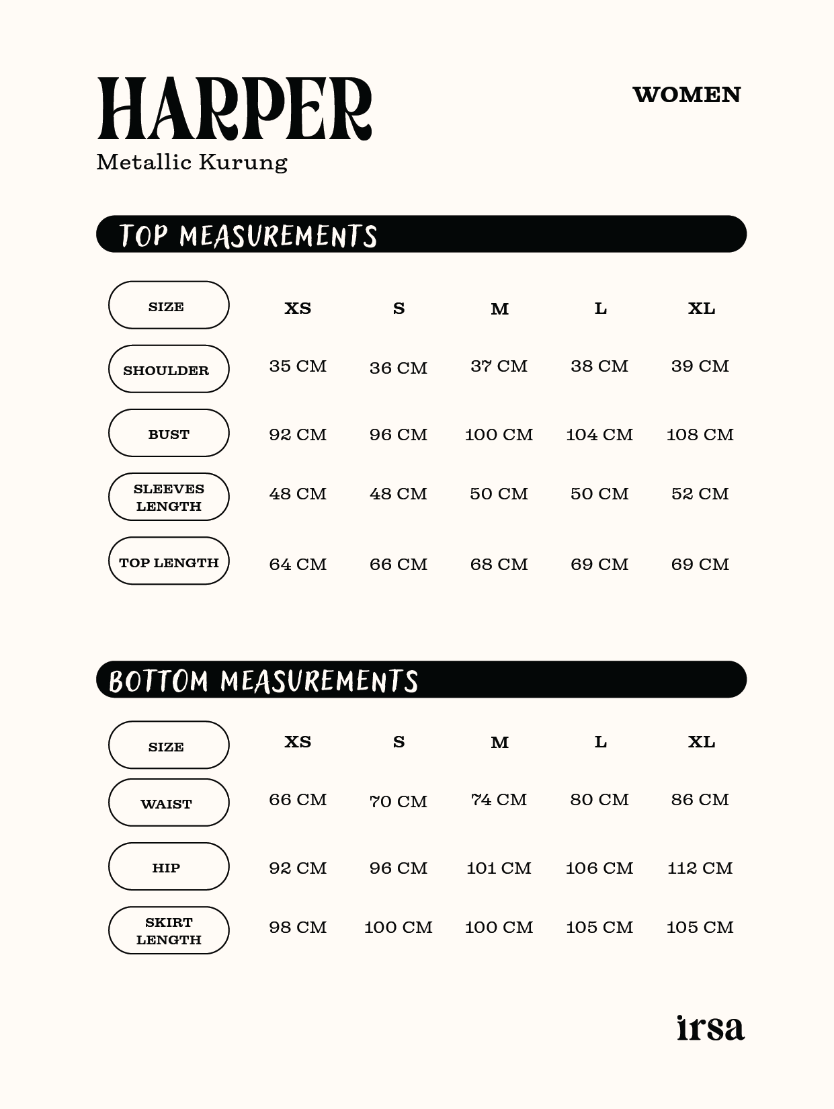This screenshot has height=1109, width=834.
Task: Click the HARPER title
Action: pos(234,109)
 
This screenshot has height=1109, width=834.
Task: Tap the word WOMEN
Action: pos(686,95)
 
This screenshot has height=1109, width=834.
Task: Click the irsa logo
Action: pos(710,1028)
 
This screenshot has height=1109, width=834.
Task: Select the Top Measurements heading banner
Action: pos(421,235)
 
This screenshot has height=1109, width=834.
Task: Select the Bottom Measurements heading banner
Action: pos(421,680)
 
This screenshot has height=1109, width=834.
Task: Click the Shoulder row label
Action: pos(169,369)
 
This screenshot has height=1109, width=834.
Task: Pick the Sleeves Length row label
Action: pos(169,497)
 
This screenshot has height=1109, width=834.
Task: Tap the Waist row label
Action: pos(169,803)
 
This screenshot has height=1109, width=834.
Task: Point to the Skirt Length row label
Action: pos(169,930)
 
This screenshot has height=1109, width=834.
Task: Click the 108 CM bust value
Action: pos(700,435)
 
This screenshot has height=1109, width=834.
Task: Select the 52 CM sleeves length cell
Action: pos(700,494)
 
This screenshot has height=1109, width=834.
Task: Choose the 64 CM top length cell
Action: pos(298,565)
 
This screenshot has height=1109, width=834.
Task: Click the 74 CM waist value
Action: pos(499,800)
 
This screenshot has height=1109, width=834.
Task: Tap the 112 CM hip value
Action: pos(700,868)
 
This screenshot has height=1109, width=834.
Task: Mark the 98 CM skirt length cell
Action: pos(298,928)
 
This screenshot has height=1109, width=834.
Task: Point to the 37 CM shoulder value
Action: pos(499,366)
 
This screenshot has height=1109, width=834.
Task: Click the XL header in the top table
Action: pos(701,309)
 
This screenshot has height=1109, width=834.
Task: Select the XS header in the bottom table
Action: pos(298,742)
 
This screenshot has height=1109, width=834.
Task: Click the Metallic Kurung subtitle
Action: pos(192,163)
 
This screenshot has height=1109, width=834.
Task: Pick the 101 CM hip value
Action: pos(499,868)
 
